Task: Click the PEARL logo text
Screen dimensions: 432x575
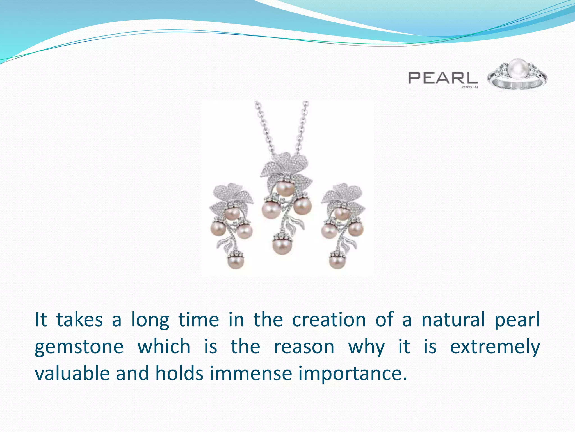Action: tap(442, 78)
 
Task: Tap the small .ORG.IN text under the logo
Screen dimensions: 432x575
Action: tap(469, 87)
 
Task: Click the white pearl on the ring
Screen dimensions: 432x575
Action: tap(517, 69)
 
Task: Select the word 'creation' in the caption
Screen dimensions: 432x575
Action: tap(329, 320)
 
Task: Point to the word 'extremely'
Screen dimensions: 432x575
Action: tap(495, 346)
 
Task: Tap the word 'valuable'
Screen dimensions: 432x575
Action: tap(72, 373)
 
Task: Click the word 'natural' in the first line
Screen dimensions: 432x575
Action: tap(453, 320)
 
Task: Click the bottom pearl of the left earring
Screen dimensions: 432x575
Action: tap(236, 261)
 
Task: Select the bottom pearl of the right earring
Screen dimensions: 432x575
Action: tap(337, 261)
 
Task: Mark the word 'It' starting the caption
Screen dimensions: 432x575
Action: tap(41, 320)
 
